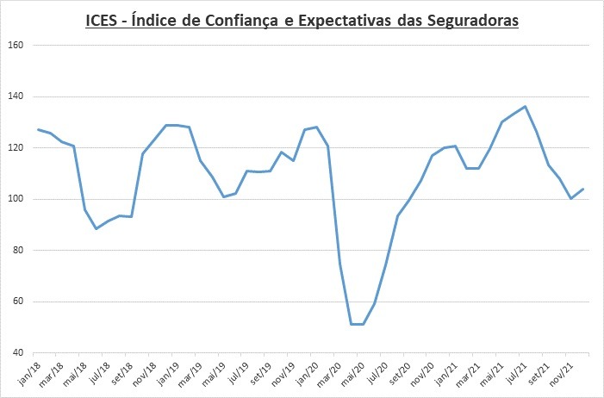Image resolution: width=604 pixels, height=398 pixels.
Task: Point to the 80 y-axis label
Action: tap(19, 251)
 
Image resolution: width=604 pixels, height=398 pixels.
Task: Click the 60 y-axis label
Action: tap(19, 302)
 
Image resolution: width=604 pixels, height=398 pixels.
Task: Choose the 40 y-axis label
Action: tap(19, 353)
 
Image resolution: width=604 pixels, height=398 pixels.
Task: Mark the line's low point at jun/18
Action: tap(97, 228)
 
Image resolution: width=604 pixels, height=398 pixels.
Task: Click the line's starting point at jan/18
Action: tap(38, 129)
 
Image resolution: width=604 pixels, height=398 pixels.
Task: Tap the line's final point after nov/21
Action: tap(583, 189)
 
